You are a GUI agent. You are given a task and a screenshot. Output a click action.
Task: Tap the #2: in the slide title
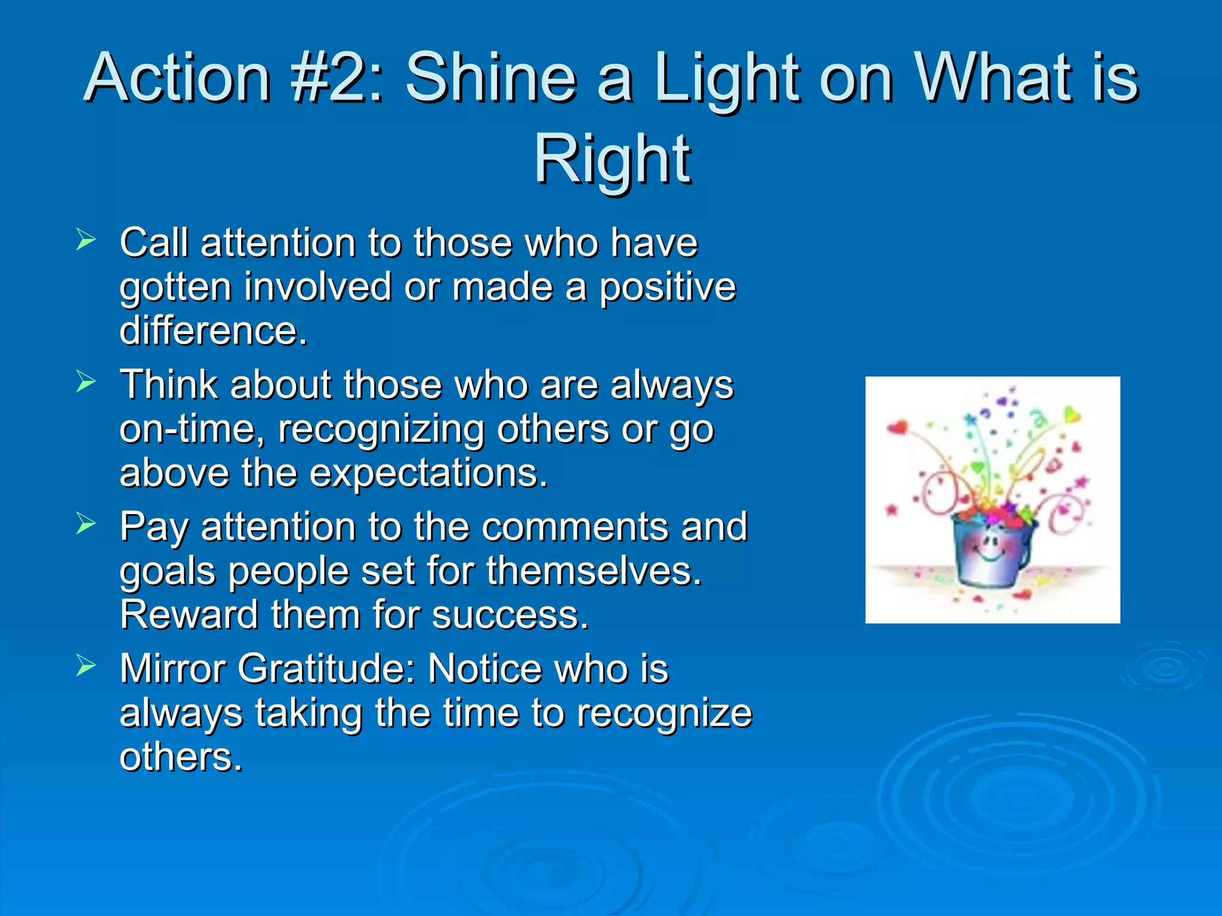pos(337,78)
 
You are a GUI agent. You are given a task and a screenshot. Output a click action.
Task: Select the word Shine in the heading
pos(490,78)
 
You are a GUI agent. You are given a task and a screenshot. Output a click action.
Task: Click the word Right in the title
pos(612,159)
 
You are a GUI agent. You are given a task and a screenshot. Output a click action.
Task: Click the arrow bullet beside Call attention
pos(86,240)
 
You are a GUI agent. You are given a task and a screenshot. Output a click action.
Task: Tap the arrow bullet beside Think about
pos(86,382)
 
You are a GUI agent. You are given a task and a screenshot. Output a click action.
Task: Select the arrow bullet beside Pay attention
pos(86,524)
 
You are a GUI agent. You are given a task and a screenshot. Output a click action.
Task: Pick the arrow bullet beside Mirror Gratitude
pos(86,666)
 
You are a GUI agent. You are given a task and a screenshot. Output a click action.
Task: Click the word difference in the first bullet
pos(213,331)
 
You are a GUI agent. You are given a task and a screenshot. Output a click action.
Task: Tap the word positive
pos(667,287)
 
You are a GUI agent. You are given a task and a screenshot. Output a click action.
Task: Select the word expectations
pos(428,473)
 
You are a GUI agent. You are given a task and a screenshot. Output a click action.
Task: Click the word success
pos(510,615)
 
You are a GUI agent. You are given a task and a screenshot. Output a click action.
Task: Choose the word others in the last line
pos(180,757)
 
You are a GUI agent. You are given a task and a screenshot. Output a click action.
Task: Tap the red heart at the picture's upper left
pos(897,427)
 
